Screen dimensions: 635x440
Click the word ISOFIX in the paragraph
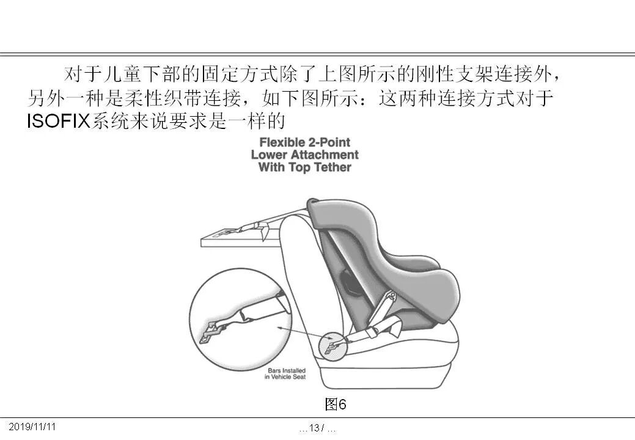click(58, 121)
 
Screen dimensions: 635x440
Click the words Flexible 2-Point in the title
click(304, 143)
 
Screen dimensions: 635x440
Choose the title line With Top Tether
click(304, 167)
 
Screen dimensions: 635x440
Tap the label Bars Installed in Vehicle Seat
click(285, 374)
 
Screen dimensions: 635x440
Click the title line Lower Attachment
click(304, 155)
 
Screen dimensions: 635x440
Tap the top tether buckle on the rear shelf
click(248, 230)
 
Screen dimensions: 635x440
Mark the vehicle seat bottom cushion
click(416, 361)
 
